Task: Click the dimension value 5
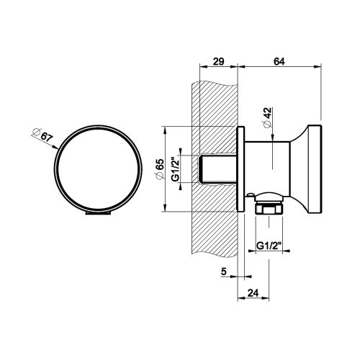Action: pos(224,272)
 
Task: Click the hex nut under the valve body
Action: pos(268,208)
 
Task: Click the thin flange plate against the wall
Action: pos(242,169)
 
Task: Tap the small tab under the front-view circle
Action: pos(97,213)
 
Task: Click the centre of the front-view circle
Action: pos(97,169)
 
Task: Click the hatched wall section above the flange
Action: pos(216,101)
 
